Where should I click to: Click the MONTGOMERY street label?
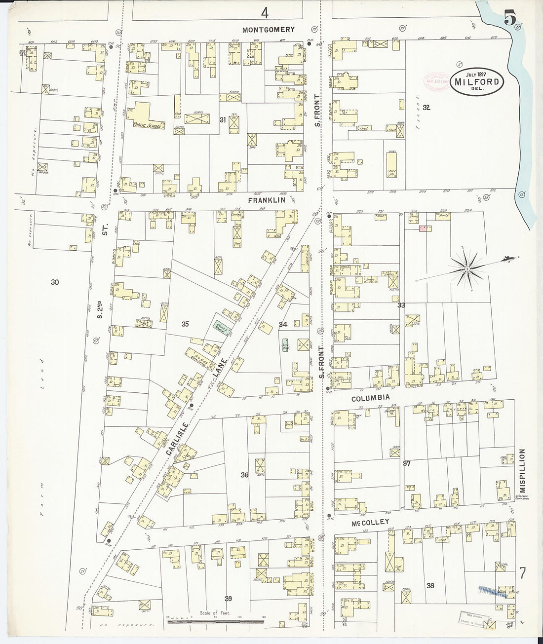(x=269, y=30)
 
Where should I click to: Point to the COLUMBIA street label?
(x=370, y=398)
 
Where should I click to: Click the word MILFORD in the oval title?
(x=476, y=82)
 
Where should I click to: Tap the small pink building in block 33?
(x=423, y=228)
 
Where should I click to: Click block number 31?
(x=223, y=119)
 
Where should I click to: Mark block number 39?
(x=228, y=599)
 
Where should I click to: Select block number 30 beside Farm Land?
(x=55, y=282)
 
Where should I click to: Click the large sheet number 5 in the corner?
(x=510, y=20)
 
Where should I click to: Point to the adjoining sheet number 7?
(x=522, y=573)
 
